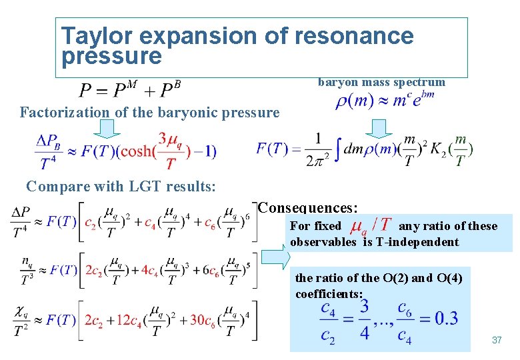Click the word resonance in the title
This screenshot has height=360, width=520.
349,35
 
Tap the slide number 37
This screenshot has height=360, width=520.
496,341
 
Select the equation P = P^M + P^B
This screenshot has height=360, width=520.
130,90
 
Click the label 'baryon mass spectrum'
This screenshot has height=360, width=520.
381,82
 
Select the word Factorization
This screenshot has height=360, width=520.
64,113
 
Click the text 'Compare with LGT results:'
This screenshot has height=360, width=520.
121,186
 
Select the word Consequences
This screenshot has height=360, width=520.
307,207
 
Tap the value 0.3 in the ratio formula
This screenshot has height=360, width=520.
445,319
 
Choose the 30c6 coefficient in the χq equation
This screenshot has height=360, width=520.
205,320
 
